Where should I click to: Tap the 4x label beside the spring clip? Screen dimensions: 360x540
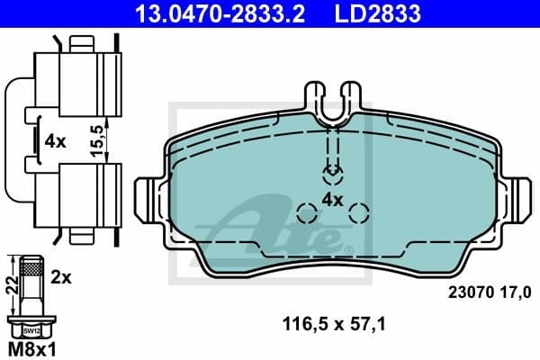(55, 140)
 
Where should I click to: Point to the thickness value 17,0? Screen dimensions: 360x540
(515, 292)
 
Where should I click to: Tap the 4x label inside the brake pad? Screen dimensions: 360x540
(333, 199)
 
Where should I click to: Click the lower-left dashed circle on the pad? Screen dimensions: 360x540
(307, 214)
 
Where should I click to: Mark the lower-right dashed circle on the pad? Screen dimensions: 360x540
(359, 213)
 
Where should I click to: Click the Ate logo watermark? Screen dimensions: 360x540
(270, 229)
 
